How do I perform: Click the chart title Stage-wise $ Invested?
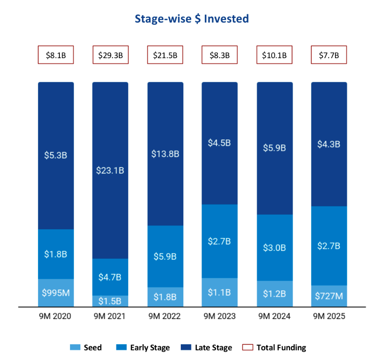point(192,19)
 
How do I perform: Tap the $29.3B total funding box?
point(111,55)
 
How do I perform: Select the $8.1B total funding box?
point(56,55)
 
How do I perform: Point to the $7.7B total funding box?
point(329,55)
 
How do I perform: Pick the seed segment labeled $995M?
point(56,293)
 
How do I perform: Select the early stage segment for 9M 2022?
point(165,257)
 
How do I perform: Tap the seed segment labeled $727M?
point(329,296)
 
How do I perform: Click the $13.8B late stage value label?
point(165,154)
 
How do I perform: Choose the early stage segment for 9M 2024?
point(274,248)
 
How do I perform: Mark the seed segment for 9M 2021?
point(111,301)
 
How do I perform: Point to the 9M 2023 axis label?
point(220,317)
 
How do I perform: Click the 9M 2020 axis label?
point(56,317)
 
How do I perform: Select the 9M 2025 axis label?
point(329,317)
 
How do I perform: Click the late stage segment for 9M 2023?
point(220,143)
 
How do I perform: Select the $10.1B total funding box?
point(274,55)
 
